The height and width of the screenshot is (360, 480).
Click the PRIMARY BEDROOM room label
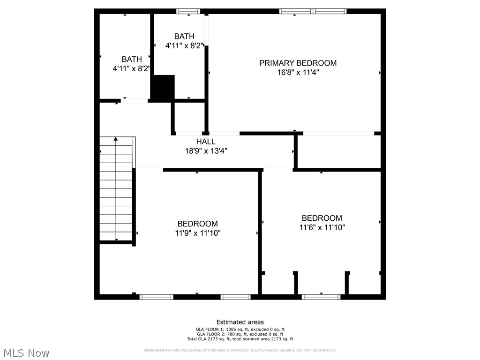click(x=298, y=63)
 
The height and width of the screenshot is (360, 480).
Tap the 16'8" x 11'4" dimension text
click(x=298, y=73)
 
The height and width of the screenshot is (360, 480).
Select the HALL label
click(x=206, y=142)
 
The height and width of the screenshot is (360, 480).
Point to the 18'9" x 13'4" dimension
click(x=206, y=151)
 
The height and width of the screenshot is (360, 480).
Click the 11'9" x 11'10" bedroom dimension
click(x=197, y=233)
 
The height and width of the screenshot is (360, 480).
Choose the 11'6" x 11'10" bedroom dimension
click(x=322, y=227)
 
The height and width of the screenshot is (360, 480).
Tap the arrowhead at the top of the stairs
click(x=116, y=139)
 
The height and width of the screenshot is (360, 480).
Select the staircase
click(x=116, y=189)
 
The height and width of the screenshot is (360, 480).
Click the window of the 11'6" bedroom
click(x=321, y=297)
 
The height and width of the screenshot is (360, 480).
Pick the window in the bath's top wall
click(x=188, y=11)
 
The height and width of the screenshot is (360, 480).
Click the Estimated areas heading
click(x=240, y=322)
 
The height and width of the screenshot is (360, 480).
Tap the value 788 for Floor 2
click(x=230, y=334)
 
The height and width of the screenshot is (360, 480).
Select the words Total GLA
click(x=195, y=339)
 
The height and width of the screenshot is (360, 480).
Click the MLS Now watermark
click(x=26, y=352)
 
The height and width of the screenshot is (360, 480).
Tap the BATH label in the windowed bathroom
click(x=184, y=36)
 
